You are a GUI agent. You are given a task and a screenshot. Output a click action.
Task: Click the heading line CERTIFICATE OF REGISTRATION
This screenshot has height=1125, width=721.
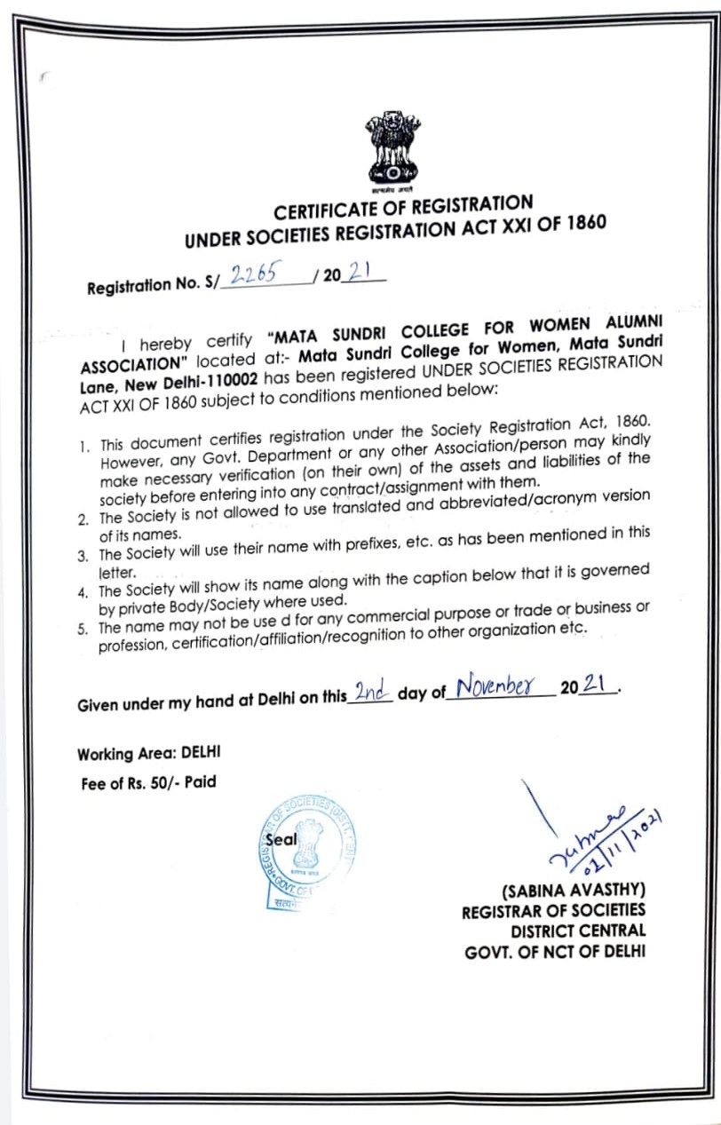coord(403,209)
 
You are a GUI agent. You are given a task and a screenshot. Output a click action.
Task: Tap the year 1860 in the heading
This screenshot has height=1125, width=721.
coord(583,222)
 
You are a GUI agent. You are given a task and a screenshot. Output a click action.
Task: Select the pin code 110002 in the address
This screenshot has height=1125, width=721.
coord(230,382)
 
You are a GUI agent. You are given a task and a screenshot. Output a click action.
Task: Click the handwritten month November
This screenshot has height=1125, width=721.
coord(497,686)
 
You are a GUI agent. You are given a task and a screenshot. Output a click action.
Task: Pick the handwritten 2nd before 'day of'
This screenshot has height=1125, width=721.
coord(371,693)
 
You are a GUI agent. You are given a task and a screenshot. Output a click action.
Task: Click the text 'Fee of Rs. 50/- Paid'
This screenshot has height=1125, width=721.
coord(147,783)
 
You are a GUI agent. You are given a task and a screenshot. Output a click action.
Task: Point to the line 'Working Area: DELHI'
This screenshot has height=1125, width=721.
coord(149,755)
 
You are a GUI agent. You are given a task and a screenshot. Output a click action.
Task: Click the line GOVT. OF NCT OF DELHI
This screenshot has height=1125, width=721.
coord(555,953)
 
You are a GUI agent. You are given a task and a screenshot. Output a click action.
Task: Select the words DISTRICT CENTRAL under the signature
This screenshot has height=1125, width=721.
coord(578,931)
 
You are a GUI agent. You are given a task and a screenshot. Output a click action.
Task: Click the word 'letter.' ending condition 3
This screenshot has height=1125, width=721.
coord(116,573)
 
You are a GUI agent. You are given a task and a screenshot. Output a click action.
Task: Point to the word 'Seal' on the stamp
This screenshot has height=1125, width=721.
coord(281,839)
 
